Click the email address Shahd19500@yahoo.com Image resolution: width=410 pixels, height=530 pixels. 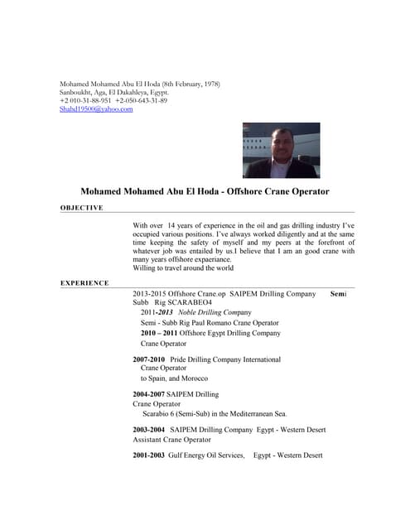point(96,109)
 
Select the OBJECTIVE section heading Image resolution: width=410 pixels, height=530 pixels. point(81,208)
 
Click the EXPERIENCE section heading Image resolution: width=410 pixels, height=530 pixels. point(84,283)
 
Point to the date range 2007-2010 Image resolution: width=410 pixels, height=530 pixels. point(149,359)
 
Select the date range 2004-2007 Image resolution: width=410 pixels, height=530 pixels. point(149,394)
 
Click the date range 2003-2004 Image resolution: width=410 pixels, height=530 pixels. point(149,430)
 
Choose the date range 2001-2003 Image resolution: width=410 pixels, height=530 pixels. point(149,455)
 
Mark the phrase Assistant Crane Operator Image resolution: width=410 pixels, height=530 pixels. point(171,440)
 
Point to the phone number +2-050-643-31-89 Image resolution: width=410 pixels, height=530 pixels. point(142,101)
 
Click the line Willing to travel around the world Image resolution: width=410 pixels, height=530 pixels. point(183,268)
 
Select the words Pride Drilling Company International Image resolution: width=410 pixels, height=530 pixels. point(225,359)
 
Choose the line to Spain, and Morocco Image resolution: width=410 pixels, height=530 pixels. point(175,378)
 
